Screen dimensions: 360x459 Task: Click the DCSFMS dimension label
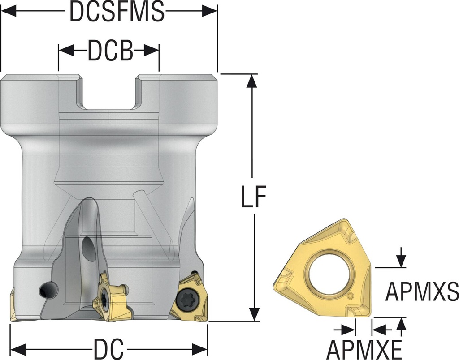click(x=117, y=12)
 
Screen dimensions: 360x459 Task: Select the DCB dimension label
click(x=110, y=51)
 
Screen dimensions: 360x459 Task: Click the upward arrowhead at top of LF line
click(x=252, y=80)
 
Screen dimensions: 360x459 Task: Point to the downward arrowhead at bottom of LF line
click(x=254, y=314)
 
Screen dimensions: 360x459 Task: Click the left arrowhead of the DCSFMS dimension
click(x=9, y=12)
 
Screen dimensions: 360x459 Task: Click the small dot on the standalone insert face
click(x=351, y=296)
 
